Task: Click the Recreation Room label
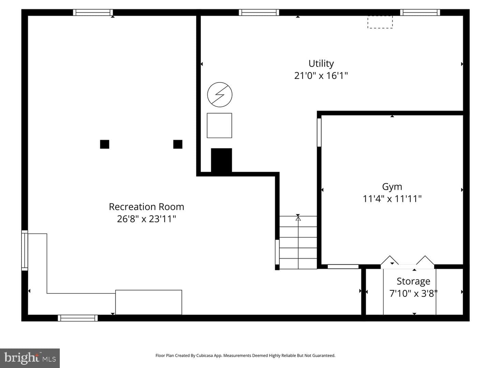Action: [x=146, y=207]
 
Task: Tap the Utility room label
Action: [x=321, y=64]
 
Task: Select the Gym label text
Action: [x=392, y=187]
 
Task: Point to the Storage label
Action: [x=413, y=281]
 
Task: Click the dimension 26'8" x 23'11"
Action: [x=146, y=219]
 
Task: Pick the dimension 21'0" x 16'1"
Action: [x=321, y=76]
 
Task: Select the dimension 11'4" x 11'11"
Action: [x=392, y=199]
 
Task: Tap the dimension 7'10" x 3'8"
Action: [x=413, y=293]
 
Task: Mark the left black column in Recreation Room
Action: [x=104, y=144]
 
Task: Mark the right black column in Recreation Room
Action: [x=178, y=144]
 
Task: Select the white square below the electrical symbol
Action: [x=219, y=126]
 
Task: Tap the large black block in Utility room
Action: [x=221, y=160]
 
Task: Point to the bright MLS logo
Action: [x=30, y=358]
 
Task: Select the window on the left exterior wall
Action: [x=25, y=250]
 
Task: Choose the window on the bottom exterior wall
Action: [x=78, y=318]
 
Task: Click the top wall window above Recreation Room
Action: [x=93, y=13]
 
